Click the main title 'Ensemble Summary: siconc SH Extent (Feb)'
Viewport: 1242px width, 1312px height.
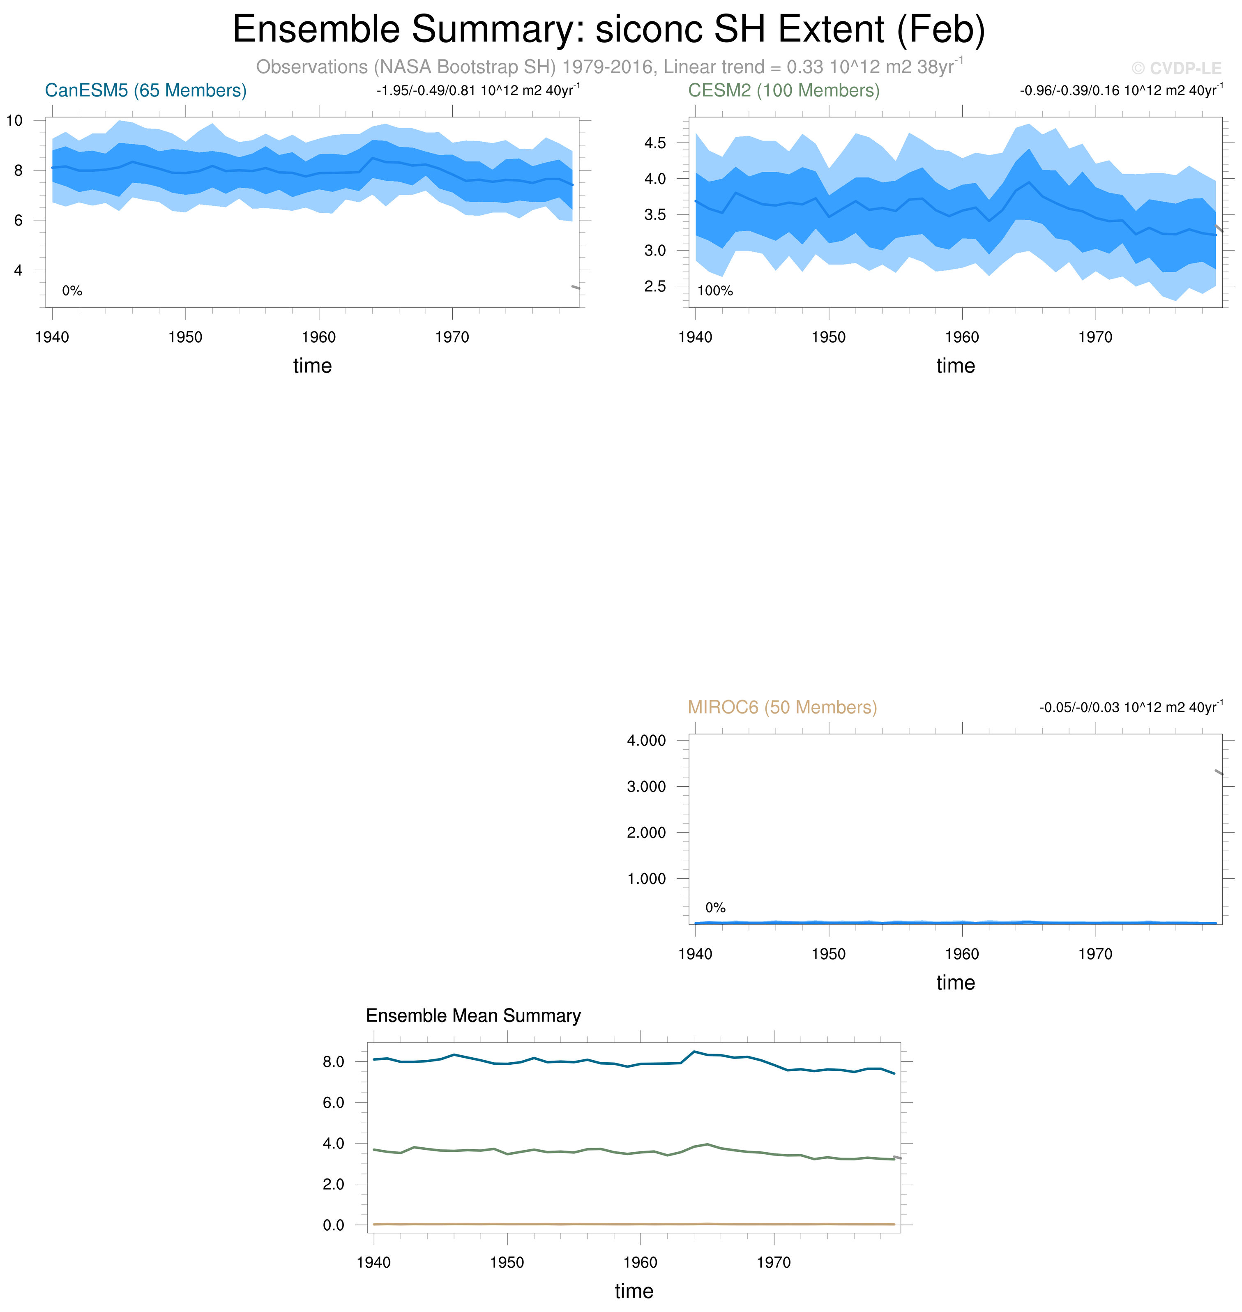click(x=608, y=30)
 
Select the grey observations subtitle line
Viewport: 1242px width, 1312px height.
click(x=608, y=67)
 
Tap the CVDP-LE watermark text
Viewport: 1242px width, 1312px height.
click(x=1176, y=68)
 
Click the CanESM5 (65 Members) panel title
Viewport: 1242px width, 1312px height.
click(x=146, y=91)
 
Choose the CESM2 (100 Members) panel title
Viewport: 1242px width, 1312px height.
click(x=784, y=91)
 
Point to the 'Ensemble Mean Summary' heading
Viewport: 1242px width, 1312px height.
click(x=473, y=1015)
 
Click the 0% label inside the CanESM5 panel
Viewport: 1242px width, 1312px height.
click(x=72, y=290)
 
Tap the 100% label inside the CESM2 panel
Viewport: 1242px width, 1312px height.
click(x=715, y=290)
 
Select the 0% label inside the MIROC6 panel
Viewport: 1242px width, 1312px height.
click(x=715, y=907)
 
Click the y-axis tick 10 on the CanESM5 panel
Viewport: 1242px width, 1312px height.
click(x=14, y=120)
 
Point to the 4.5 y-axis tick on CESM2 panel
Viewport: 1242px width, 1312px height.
click(x=655, y=143)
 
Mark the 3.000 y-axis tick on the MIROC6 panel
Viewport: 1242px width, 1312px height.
click(x=646, y=786)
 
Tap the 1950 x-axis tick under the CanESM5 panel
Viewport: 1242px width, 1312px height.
click(x=185, y=337)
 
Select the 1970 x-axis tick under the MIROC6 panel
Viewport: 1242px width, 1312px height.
click(x=1095, y=954)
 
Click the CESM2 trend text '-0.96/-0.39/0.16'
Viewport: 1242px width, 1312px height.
click(x=1069, y=91)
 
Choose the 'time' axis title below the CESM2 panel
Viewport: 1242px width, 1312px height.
click(x=955, y=366)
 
